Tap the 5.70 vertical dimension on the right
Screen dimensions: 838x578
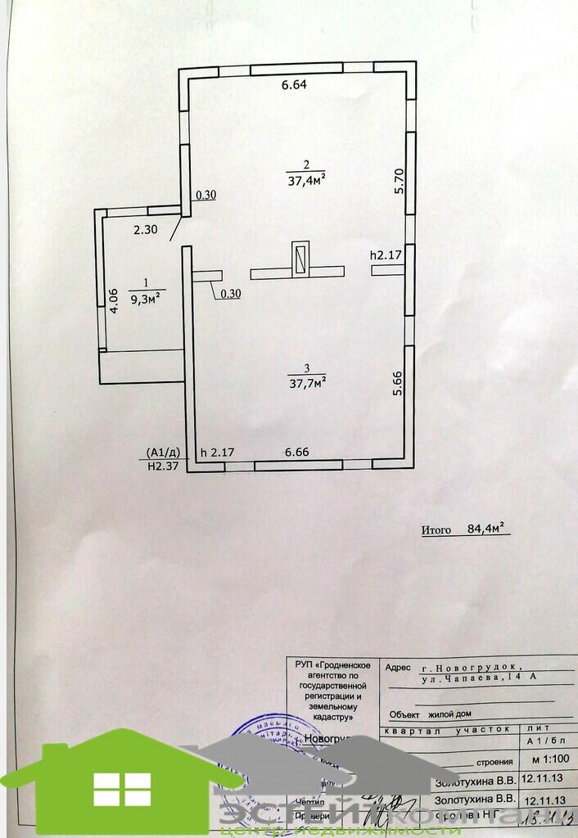pyautogui.click(x=400, y=181)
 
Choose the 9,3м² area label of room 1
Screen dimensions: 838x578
pyautogui.click(x=144, y=297)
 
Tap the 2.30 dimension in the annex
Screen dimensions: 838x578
pyautogui.click(x=145, y=230)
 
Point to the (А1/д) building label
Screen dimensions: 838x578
pyautogui.click(x=164, y=452)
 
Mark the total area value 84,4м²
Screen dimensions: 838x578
pyautogui.click(x=488, y=529)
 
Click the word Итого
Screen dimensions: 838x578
pyautogui.click(x=436, y=529)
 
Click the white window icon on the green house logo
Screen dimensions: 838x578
pyautogui.click(x=122, y=790)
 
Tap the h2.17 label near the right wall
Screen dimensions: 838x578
pyautogui.click(x=385, y=255)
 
